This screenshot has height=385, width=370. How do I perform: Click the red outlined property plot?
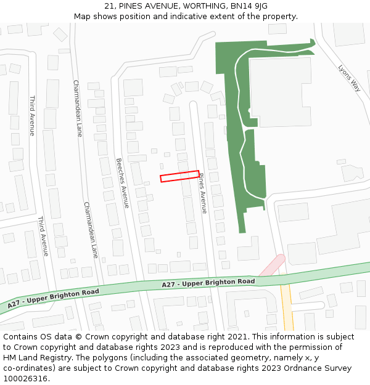coord(179,176)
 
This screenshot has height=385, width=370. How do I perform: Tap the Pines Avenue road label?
coord(202,193)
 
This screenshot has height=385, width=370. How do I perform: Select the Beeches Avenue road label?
coord(123,183)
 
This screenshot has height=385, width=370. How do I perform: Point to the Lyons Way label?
coord(348,78)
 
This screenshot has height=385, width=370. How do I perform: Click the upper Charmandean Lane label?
coord(78,108)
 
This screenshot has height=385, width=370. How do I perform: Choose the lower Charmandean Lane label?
coord(90,229)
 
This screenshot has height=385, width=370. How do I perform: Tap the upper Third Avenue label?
coord(32,115)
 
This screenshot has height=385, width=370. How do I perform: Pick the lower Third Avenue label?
coord(43,236)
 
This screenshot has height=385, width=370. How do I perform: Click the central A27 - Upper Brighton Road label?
coord(208,282)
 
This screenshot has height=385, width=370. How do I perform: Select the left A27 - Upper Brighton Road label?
coord(54,297)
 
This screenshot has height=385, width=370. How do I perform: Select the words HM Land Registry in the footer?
coord(36,357)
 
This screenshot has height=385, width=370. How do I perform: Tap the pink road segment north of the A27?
coord(272,265)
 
